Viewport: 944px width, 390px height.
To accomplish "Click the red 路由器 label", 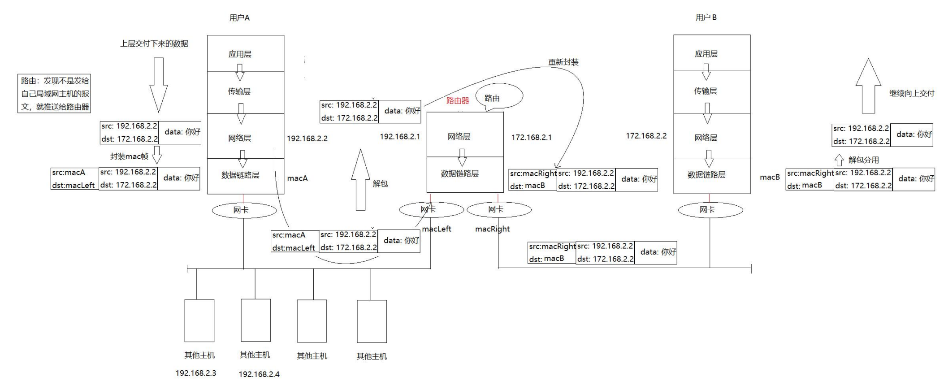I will pyautogui.click(x=458, y=100).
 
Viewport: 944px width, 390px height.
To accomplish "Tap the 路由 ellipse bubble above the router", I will pyautogui.click(x=498, y=96).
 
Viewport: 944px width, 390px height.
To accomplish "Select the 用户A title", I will pyautogui.click(x=239, y=18).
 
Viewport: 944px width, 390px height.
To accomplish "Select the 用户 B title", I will pyautogui.click(x=706, y=17).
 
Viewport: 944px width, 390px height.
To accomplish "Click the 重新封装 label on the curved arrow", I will pyautogui.click(x=563, y=62).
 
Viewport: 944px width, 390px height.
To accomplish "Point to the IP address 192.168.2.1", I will pyautogui.click(x=400, y=136).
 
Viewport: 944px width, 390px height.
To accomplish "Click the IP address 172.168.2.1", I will pyautogui.click(x=532, y=137).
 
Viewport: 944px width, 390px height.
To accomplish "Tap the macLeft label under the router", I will pyautogui.click(x=437, y=229).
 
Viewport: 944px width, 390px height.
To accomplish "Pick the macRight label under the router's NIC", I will pyautogui.click(x=492, y=229).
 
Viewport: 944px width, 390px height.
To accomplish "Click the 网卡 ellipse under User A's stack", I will pyautogui.click(x=244, y=210).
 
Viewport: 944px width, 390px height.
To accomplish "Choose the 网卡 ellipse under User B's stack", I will pyautogui.click(x=710, y=210).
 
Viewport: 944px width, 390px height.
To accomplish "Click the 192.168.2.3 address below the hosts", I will pyautogui.click(x=196, y=373).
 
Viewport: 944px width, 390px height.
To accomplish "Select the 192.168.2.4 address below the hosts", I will pyautogui.click(x=259, y=374).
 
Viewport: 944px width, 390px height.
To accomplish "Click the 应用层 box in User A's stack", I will pyautogui.click(x=245, y=53).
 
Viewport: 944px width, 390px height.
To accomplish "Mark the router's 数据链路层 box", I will pyautogui.click(x=465, y=174).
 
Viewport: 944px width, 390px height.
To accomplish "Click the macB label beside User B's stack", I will pyautogui.click(x=770, y=177).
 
